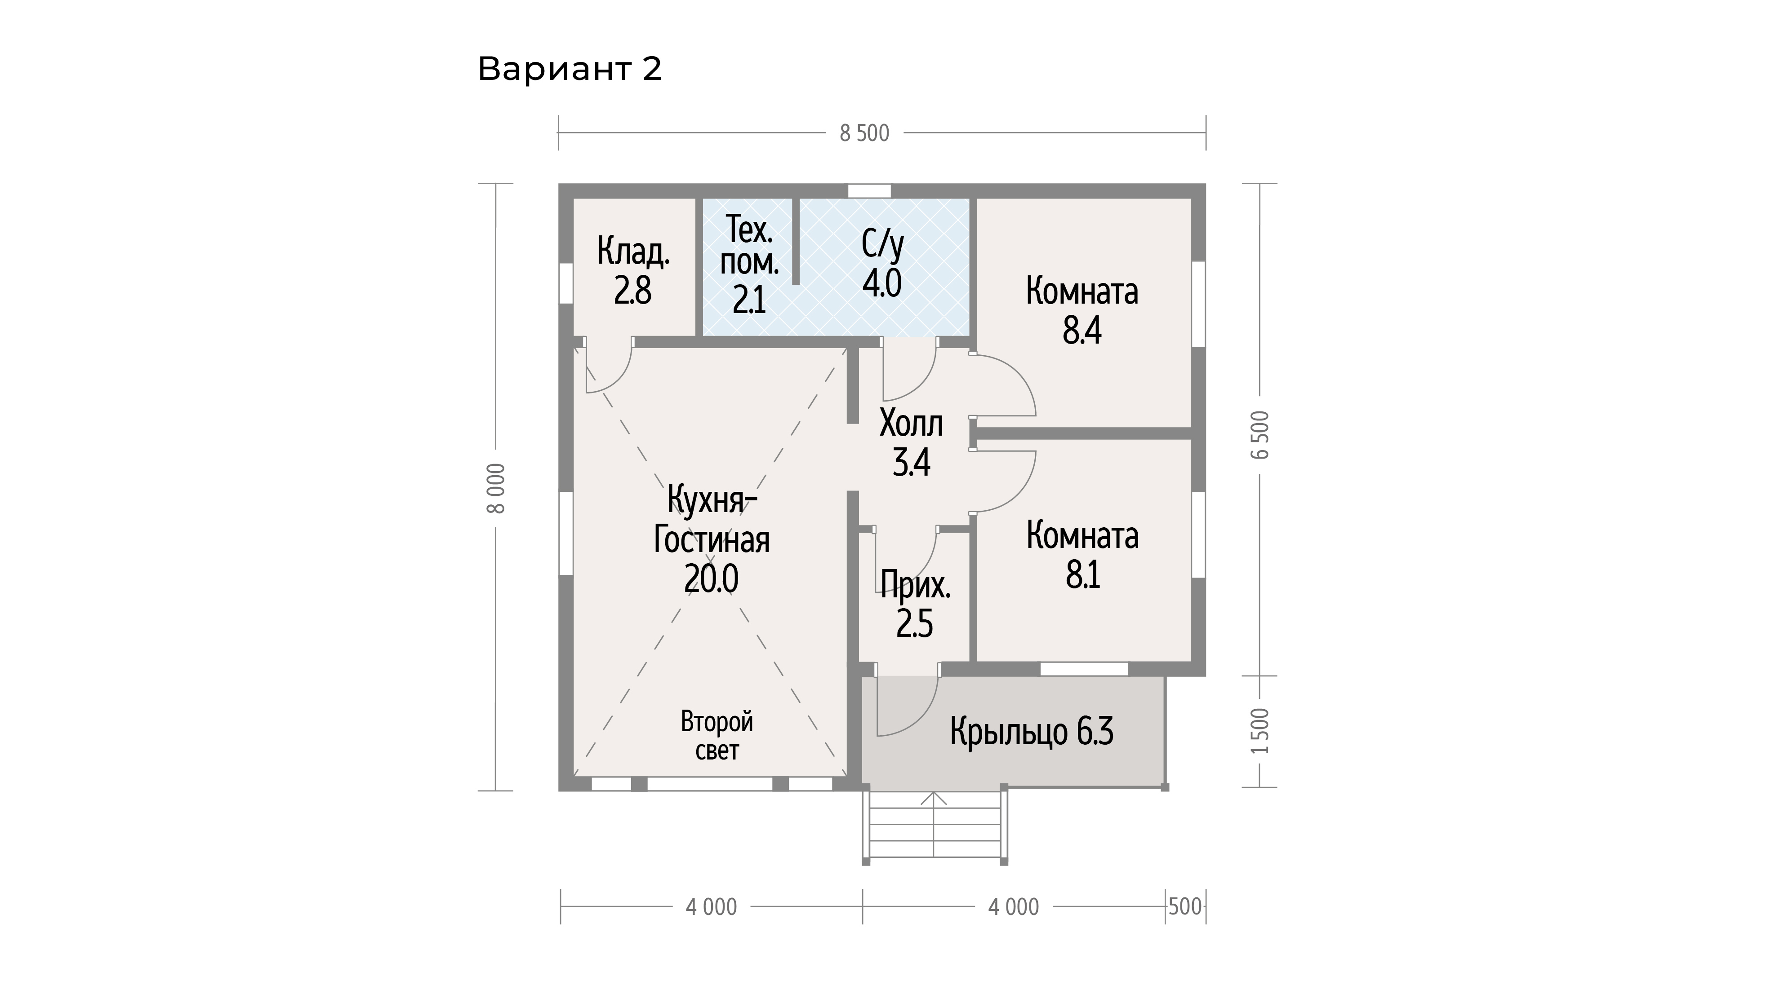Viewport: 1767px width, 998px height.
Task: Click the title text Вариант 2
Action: point(570,69)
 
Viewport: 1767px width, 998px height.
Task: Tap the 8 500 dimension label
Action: point(864,133)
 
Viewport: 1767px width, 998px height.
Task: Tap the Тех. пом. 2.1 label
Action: point(749,264)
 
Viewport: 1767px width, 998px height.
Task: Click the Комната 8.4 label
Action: point(1082,310)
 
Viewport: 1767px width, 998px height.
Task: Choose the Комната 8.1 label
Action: point(1082,555)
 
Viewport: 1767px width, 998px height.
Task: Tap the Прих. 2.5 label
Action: point(915,604)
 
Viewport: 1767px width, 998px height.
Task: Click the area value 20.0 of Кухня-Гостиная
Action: point(711,578)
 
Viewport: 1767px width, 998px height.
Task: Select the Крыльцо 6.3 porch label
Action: point(1032,731)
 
